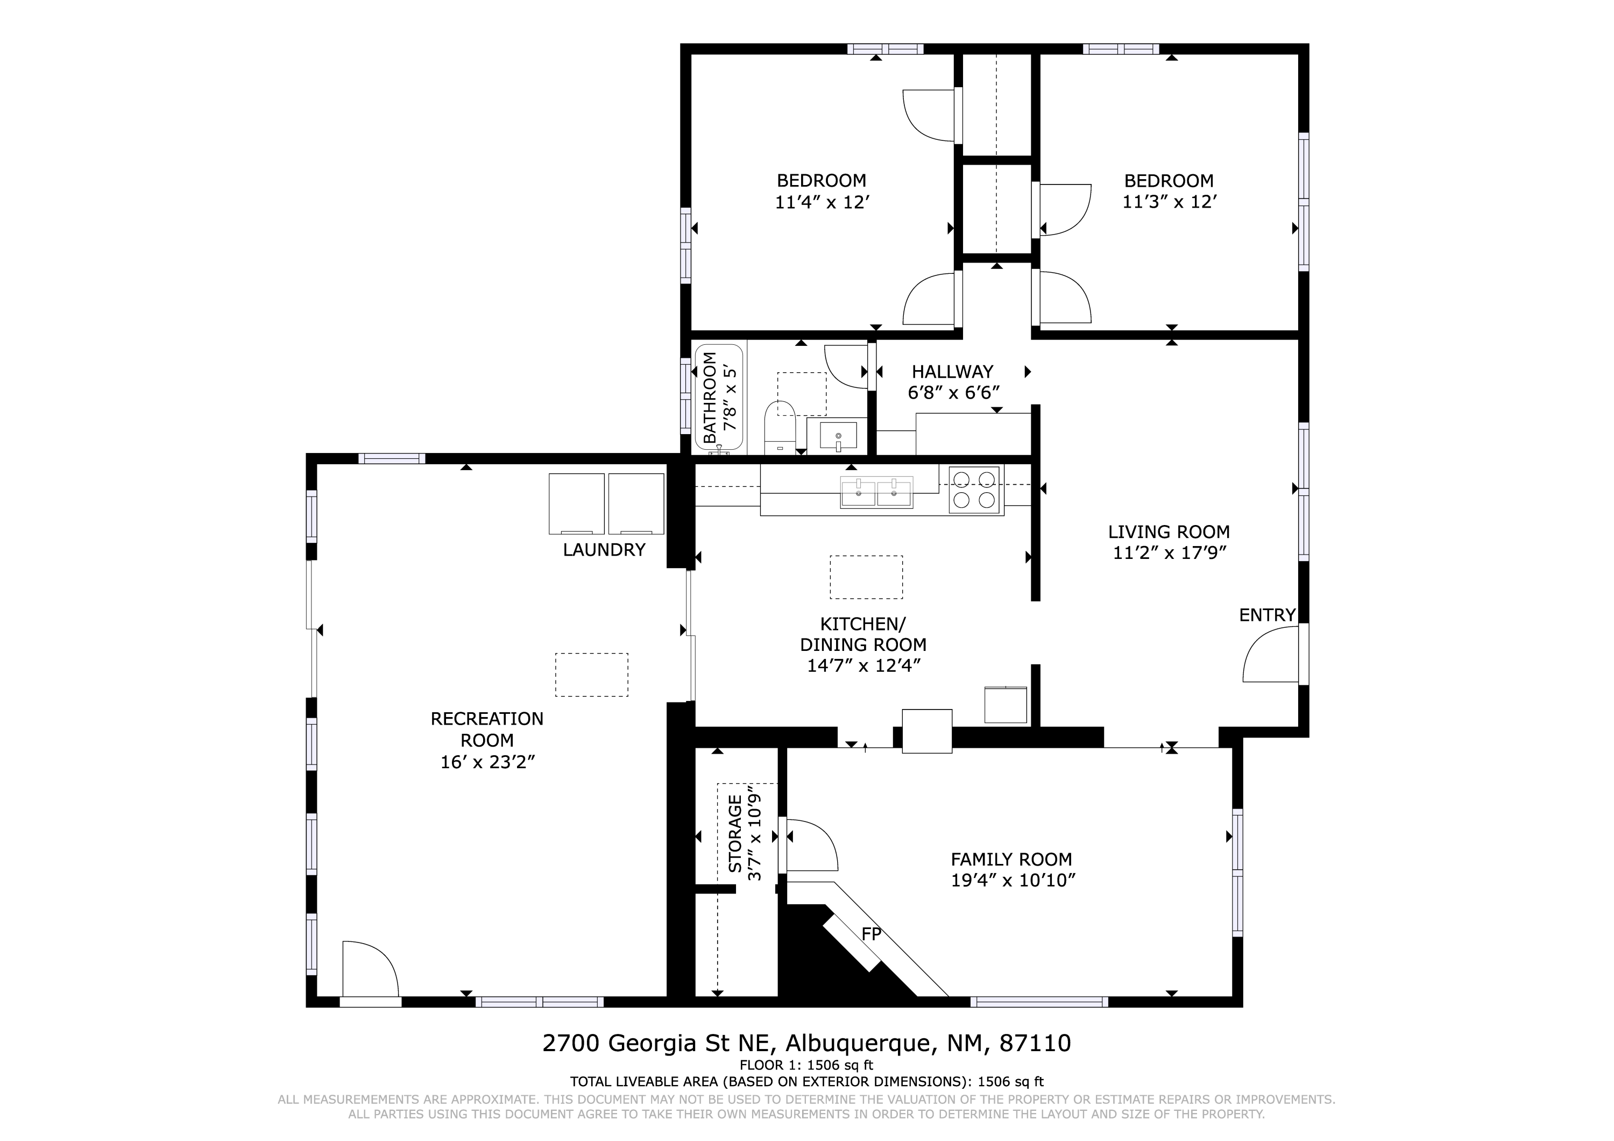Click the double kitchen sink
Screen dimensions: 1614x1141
coord(876,492)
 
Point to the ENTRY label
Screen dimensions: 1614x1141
coord(1267,615)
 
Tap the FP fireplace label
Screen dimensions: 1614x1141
coord(872,934)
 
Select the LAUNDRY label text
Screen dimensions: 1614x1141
coord(604,550)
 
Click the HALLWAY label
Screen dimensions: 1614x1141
coord(952,372)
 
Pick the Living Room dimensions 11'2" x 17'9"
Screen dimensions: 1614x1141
coord(1169,553)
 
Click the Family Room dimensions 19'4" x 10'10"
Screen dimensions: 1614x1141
coord(1013,880)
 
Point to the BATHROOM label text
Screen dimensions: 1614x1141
coord(710,398)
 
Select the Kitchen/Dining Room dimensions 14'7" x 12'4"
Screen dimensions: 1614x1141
coord(864,666)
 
